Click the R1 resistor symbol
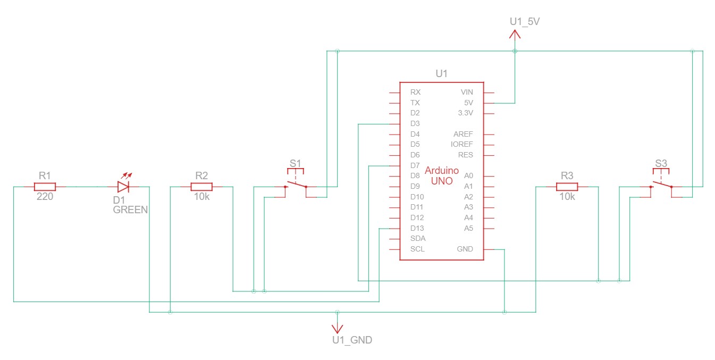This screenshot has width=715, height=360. pyautogui.click(x=45, y=187)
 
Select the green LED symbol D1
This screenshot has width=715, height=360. pyautogui.click(x=123, y=187)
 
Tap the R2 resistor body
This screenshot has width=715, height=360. pyautogui.click(x=201, y=187)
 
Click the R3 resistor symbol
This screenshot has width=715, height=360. pyautogui.click(x=567, y=187)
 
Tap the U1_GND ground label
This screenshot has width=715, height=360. pyautogui.click(x=351, y=340)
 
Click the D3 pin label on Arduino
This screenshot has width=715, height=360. pyautogui.click(x=415, y=123)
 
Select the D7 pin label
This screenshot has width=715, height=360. pyautogui.click(x=415, y=165)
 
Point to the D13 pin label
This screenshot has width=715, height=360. pyautogui.click(x=417, y=228)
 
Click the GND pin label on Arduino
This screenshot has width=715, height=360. pyautogui.click(x=465, y=249)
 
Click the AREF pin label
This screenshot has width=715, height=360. pyautogui.click(x=463, y=134)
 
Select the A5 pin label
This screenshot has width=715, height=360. pyautogui.click(x=468, y=228)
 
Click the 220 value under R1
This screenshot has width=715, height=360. pyautogui.click(x=45, y=196)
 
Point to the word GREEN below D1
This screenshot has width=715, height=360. pyautogui.click(x=130, y=210)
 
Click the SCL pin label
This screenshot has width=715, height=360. pyautogui.click(x=417, y=249)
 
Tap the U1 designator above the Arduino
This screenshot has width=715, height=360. pyautogui.click(x=442, y=73)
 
